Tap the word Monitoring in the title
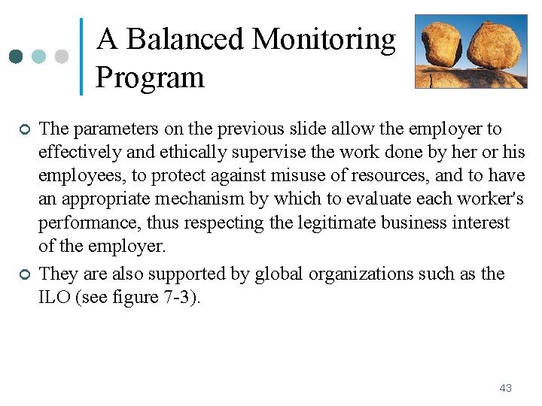point(325,39)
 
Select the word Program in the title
point(150,77)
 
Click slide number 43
point(505,388)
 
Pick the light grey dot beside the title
point(62,56)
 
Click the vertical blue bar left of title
point(81,56)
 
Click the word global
point(279,273)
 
